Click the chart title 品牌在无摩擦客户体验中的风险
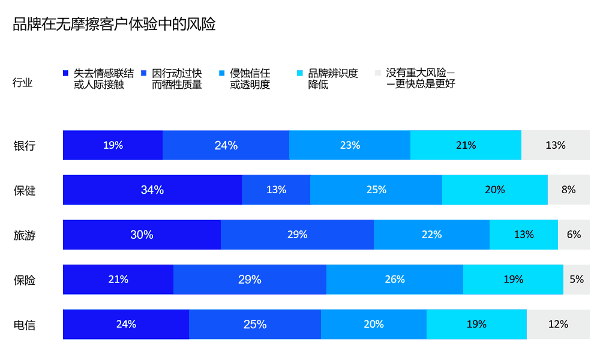coord(114,25)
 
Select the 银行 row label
coord(25,146)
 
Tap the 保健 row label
coord(25,191)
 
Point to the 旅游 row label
coord(25,235)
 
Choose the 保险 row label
coord(25,280)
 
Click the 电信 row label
coord(25,325)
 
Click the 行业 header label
coord(23,83)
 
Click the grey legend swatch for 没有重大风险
coord(377,73)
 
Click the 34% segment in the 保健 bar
coord(152,190)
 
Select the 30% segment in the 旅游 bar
coord(142,235)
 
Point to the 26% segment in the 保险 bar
coord(395,280)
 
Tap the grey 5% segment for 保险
coord(577,280)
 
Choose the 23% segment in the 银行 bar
coord(350,145)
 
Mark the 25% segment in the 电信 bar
coord(255,325)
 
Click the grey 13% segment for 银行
coord(556,145)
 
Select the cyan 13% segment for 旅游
coord(524,235)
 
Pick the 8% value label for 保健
coord(569,190)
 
